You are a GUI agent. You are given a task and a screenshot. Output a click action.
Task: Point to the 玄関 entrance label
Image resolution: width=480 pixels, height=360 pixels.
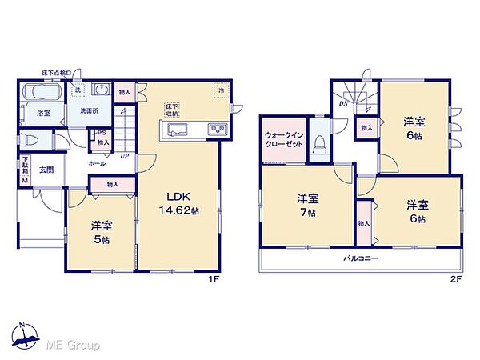pyautogui.click(x=46, y=170)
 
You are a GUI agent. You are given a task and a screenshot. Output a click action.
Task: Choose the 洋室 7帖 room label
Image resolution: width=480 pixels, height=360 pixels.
pyautogui.click(x=306, y=205)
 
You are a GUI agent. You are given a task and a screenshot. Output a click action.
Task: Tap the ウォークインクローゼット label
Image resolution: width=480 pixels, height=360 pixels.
pyautogui.click(x=283, y=141)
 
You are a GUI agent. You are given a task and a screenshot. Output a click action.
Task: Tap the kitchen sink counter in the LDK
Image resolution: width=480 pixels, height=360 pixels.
pyautogui.click(x=177, y=130)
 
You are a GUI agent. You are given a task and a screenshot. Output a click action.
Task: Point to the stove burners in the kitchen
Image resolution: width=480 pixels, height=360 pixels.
pyautogui.click(x=218, y=130)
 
